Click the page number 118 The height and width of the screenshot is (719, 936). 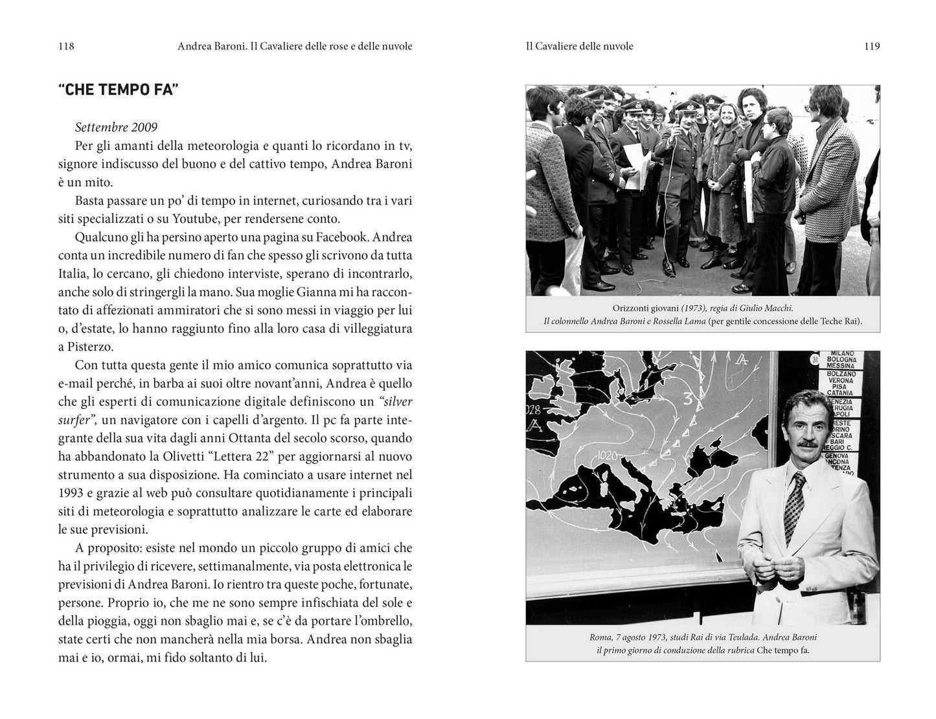click(66, 46)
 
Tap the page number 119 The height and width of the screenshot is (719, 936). click(871, 46)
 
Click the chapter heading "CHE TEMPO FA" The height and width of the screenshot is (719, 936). click(118, 90)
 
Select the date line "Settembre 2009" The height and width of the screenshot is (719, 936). click(116, 128)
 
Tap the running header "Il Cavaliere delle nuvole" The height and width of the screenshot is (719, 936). click(579, 46)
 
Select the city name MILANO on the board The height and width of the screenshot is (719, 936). click(841, 353)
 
